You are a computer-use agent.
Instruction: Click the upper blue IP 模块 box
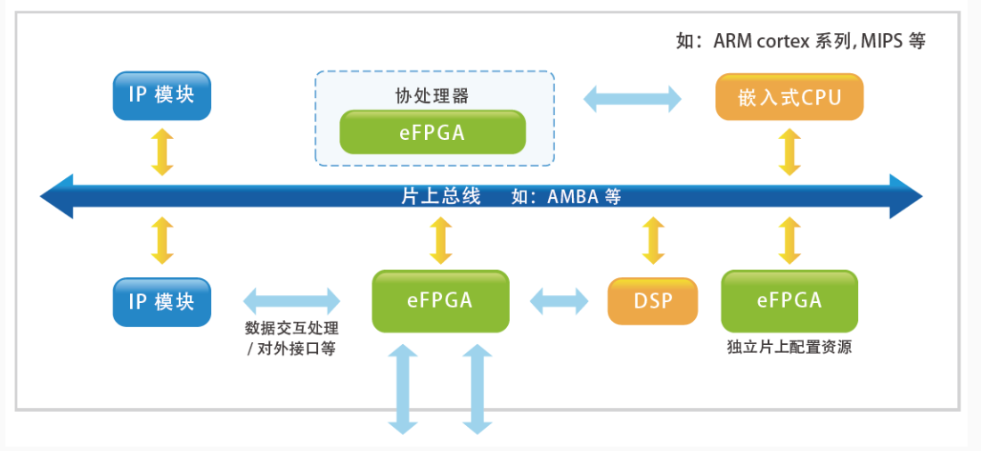click(161, 95)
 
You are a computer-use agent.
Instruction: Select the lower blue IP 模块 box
click(161, 301)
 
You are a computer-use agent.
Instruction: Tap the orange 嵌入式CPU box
click(789, 97)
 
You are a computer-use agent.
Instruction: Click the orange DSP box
click(653, 301)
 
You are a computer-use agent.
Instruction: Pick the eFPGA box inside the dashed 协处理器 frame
click(432, 132)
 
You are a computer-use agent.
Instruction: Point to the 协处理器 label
click(432, 94)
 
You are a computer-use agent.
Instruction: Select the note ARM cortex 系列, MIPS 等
click(801, 41)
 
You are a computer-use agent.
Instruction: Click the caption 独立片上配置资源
click(789, 348)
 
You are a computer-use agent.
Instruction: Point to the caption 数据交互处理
click(291, 327)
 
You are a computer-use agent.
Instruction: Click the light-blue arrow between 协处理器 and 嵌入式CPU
click(633, 96)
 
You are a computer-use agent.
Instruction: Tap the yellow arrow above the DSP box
click(653, 241)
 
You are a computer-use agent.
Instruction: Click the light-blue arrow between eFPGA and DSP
click(560, 300)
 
